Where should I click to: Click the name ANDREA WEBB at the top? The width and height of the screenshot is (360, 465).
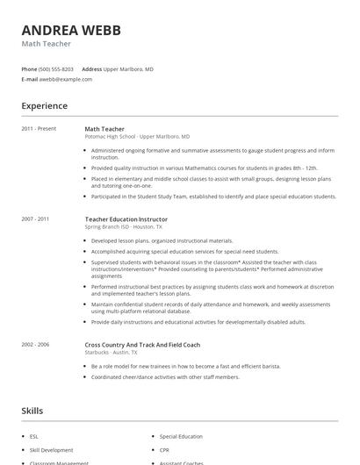[x=71, y=30]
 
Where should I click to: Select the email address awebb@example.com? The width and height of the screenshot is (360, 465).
[x=65, y=79]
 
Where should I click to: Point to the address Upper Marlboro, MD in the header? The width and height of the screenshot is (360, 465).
[x=128, y=68]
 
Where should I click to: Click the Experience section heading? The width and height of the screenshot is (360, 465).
[x=44, y=106]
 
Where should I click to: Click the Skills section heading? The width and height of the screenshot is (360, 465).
[x=33, y=410]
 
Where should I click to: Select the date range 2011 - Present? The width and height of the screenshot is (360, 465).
[x=39, y=129]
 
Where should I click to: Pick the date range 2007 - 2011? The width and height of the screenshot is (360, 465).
[x=35, y=218]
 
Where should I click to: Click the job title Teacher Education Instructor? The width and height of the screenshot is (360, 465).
[x=126, y=218]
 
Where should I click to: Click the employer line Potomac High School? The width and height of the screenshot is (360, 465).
[x=137, y=137]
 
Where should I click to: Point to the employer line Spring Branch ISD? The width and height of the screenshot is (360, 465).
[x=124, y=226]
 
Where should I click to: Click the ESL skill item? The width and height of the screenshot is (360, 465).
[x=34, y=436]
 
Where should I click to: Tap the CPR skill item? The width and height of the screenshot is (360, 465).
[x=164, y=449]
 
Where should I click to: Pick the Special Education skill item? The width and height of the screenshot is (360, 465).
[x=181, y=436]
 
